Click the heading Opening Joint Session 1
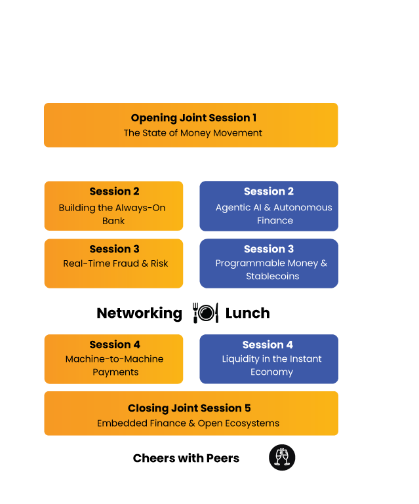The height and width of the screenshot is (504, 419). (x=193, y=118)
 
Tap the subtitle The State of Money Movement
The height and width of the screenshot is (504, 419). (x=193, y=133)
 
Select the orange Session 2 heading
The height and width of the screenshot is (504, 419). (x=114, y=191)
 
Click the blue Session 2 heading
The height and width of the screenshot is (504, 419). (x=269, y=191)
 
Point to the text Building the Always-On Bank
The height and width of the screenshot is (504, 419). (x=112, y=214)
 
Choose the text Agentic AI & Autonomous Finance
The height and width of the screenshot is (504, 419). (x=274, y=214)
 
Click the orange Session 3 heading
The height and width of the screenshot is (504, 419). (x=114, y=249)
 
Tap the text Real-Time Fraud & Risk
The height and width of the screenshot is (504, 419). (x=115, y=263)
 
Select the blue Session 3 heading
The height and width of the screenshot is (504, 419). (x=269, y=249)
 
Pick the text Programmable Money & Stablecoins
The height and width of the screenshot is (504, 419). (x=271, y=269)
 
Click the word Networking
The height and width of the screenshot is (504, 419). (x=139, y=313)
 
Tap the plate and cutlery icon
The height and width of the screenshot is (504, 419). (x=205, y=313)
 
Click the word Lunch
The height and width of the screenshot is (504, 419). (x=248, y=313)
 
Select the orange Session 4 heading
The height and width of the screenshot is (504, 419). (x=115, y=345)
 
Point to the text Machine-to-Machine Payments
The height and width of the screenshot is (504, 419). (x=115, y=365)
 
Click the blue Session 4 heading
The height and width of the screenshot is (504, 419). (x=268, y=345)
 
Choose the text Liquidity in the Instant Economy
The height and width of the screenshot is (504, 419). (x=271, y=365)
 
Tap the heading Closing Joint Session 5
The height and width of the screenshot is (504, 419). (x=189, y=408)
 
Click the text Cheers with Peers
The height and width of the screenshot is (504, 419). (x=186, y=458)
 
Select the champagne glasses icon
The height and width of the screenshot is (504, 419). (x=282, y=457)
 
